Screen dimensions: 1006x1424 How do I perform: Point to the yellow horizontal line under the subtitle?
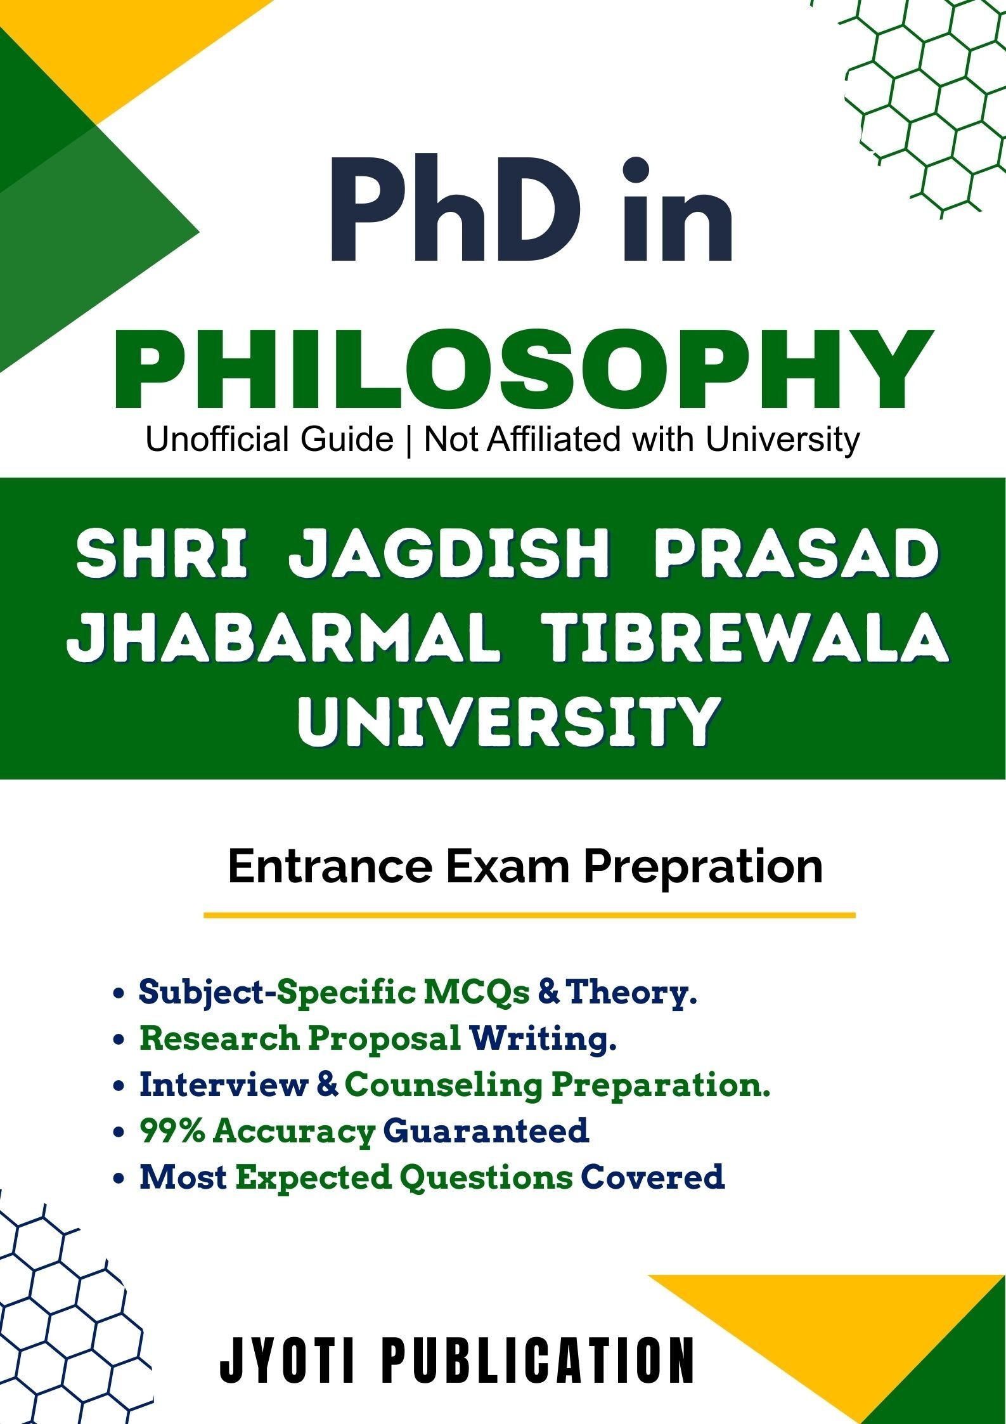point(529,915)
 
